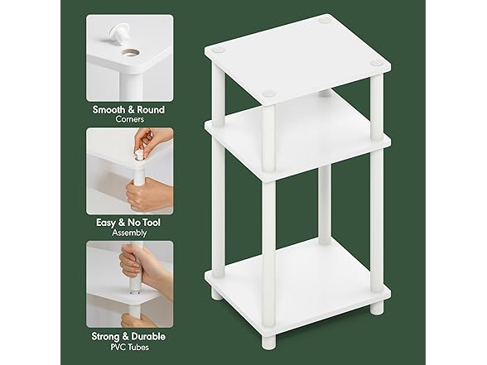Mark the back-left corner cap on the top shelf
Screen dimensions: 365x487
[x=219, y=51]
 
